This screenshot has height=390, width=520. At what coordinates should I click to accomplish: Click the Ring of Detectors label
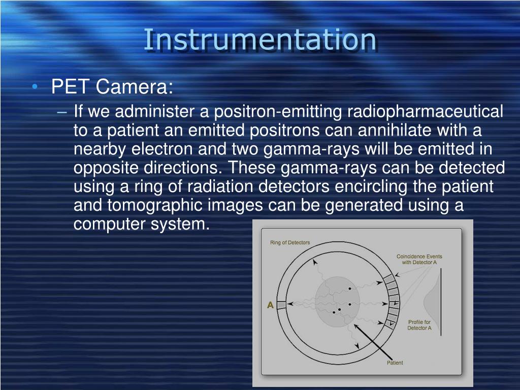coord(289,243)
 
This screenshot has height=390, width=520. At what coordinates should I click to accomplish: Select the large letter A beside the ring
coord(270,305)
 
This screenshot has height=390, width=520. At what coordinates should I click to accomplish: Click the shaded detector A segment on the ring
coord(281,305)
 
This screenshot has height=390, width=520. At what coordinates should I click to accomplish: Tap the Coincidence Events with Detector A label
coord(419,259)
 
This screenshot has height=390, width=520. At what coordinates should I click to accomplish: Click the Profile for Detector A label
coord(419,325)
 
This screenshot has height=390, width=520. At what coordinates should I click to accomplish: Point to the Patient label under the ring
coord(395,363)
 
